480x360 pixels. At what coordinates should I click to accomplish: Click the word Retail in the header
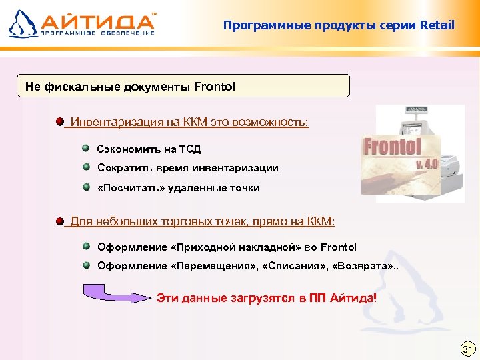(437, 26)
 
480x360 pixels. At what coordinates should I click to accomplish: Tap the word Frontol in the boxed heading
(215, 87)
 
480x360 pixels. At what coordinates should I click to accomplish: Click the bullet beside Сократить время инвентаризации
(87, 167)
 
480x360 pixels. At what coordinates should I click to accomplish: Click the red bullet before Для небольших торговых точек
(60, 221)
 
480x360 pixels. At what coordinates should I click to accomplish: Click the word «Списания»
(291, 266)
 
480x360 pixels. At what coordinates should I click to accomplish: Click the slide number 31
(467, 349)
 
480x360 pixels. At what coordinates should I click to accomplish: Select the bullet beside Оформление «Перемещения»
(87, 265)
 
